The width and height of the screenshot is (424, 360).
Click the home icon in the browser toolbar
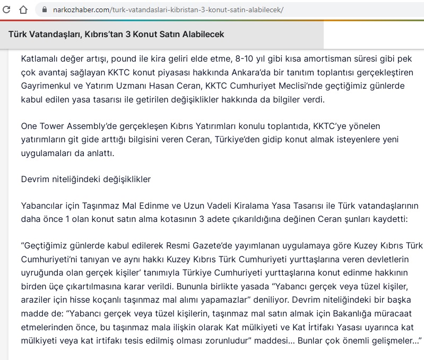pos(23,9)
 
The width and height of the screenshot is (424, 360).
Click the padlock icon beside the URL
pos(42,10)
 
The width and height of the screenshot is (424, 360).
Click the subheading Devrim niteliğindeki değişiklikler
pos(86,179)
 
